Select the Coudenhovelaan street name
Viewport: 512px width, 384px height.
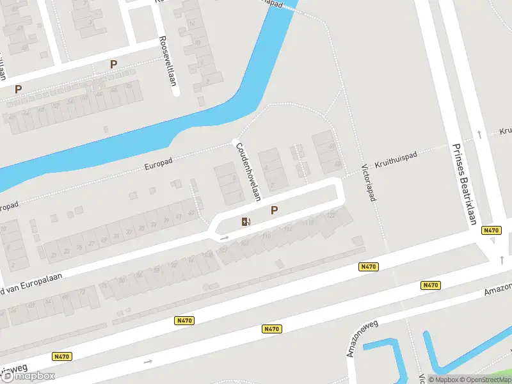point(248,170)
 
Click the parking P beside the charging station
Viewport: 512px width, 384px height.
point(275,210)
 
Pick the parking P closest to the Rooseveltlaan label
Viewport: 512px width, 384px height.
point(114,65)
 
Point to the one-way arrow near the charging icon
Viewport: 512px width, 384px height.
point(225,238)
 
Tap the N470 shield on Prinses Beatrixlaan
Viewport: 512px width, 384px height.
point(491,230)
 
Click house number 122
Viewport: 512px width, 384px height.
point(330,215)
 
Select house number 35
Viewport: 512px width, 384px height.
point(141,228)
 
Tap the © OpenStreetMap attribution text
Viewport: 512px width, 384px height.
point(488,380)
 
